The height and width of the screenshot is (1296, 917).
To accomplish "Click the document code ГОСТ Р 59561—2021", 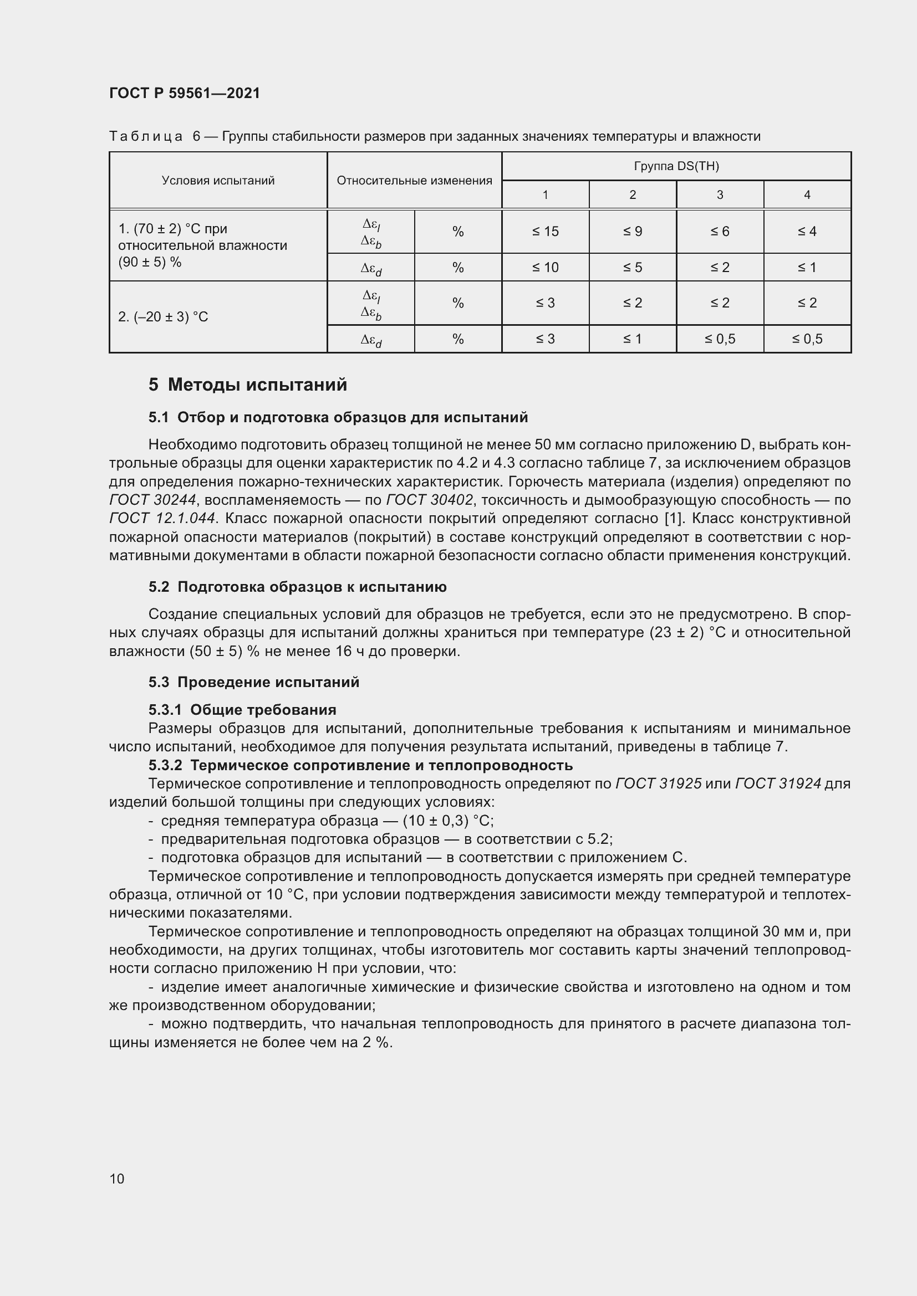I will tap(185, 93).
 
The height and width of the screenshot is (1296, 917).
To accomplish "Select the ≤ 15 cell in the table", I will tap(545, 232).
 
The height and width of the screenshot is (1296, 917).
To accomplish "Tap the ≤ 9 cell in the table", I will tap(633, 232).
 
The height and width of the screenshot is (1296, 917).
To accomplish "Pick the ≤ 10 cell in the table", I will tap(545, 268).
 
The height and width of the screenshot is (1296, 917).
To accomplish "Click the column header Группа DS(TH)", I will tap(676, 166).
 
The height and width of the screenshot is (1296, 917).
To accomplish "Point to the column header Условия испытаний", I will tap(218, 181).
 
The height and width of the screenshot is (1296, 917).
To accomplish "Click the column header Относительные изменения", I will tap(414, 181).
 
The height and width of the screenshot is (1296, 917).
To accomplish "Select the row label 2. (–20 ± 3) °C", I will tap(163, 317).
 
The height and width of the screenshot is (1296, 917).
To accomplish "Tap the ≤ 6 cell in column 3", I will tap(720, 232).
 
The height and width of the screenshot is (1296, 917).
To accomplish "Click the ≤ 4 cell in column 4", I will tap(807, 232).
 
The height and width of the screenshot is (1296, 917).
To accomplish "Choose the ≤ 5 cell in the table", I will tap(633, 268).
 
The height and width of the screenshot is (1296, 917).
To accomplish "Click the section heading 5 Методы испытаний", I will tap(248, 385).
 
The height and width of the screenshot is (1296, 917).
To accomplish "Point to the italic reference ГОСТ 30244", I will tap(152, 500).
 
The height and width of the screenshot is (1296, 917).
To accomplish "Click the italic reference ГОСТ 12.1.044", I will tap(162, 518).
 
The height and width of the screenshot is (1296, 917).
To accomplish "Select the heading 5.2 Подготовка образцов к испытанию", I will tap(298, 587).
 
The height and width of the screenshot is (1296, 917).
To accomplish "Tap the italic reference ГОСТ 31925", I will tap(659, 783).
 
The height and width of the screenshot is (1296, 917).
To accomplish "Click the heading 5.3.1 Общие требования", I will tap(242, 710).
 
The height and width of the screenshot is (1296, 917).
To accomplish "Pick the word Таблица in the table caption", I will tap(146, 137).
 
